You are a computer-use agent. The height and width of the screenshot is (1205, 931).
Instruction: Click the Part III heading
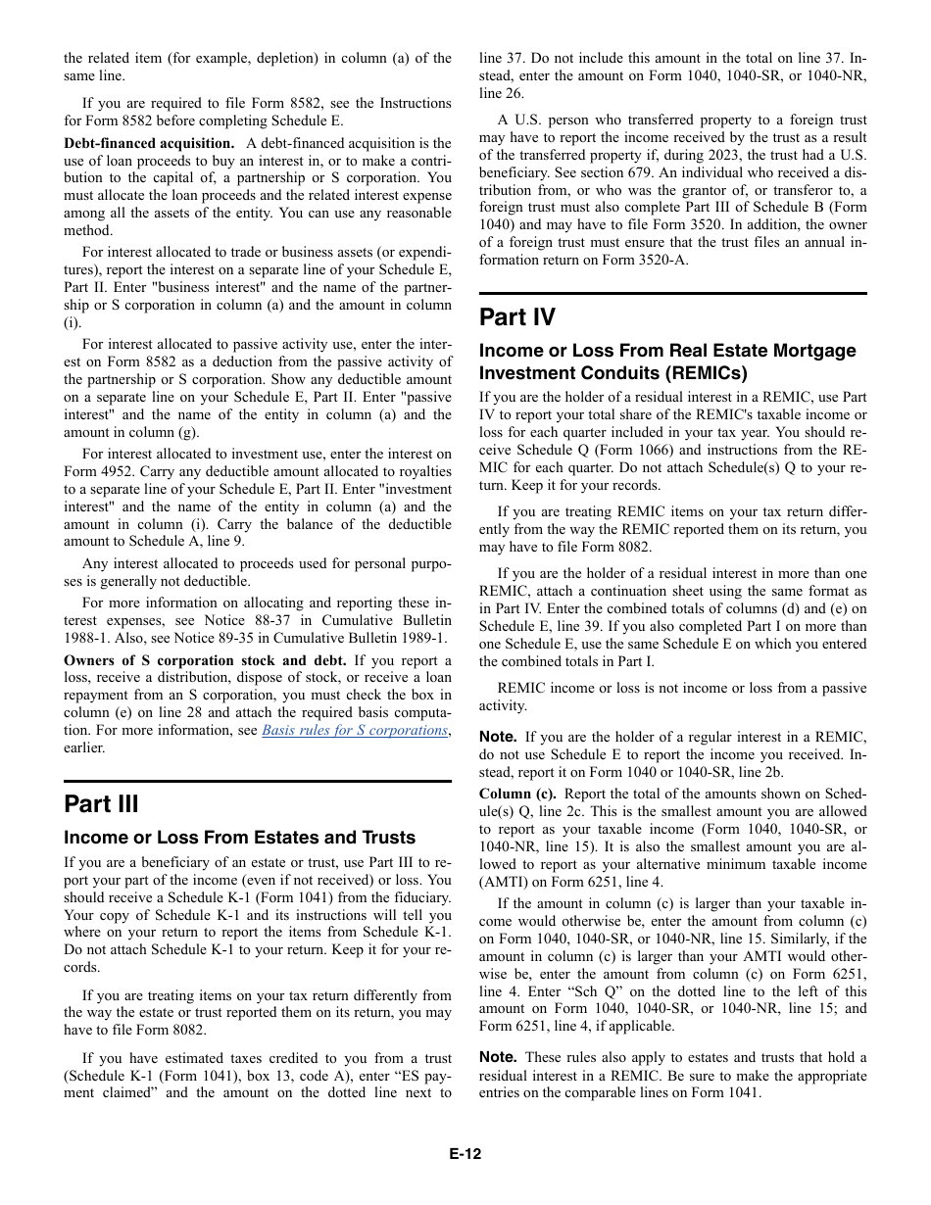tap(101, 804)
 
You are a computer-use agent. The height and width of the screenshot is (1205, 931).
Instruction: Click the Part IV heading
tap(516, 317)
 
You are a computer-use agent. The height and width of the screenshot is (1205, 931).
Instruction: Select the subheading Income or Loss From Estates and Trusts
tap(239, 838)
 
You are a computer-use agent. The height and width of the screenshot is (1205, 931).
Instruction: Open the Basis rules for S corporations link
tap(355, 730)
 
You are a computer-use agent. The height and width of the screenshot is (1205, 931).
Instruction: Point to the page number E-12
tap(465, 1154)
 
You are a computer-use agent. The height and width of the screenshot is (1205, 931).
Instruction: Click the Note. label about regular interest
tap(498, 737)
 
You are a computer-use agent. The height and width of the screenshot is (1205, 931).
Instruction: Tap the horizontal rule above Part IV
tap(672, 293)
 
